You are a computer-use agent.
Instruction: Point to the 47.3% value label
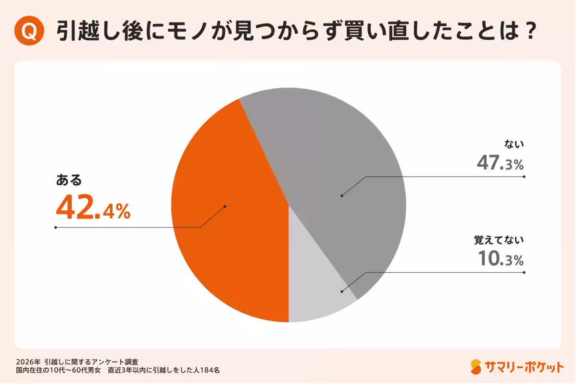tap(500, 164)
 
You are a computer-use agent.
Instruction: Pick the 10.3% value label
tap(500, 260)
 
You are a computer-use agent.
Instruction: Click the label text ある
tap(69, 180)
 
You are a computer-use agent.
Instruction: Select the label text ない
tap(514, 144)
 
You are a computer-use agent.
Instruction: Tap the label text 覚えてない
tap(499, 239)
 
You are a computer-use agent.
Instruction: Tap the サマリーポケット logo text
tap(525, 367)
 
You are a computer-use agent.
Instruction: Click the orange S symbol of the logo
tap(476, 367)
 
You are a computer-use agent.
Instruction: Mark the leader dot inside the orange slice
tap(225, 206)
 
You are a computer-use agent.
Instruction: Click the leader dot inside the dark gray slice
tap(342, 195)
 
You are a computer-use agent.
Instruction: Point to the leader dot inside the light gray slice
tap(342, 291)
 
